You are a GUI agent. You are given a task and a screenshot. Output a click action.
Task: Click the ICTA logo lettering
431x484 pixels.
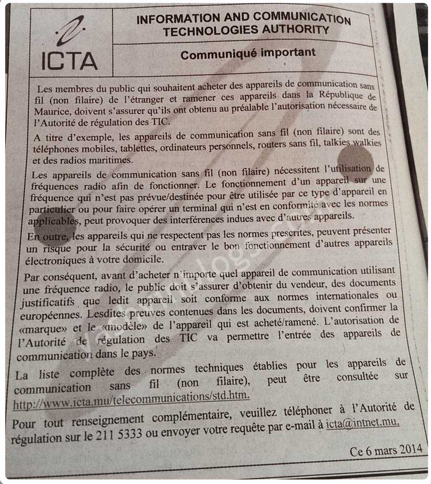(69, 60)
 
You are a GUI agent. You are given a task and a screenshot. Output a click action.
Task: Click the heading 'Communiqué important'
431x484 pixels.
(248, 54)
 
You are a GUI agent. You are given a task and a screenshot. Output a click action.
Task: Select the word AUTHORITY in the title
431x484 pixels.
(294, 31)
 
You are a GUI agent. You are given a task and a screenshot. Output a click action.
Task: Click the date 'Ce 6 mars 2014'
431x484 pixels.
(386, 450)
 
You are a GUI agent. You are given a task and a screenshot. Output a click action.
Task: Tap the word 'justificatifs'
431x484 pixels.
(47, 303)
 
